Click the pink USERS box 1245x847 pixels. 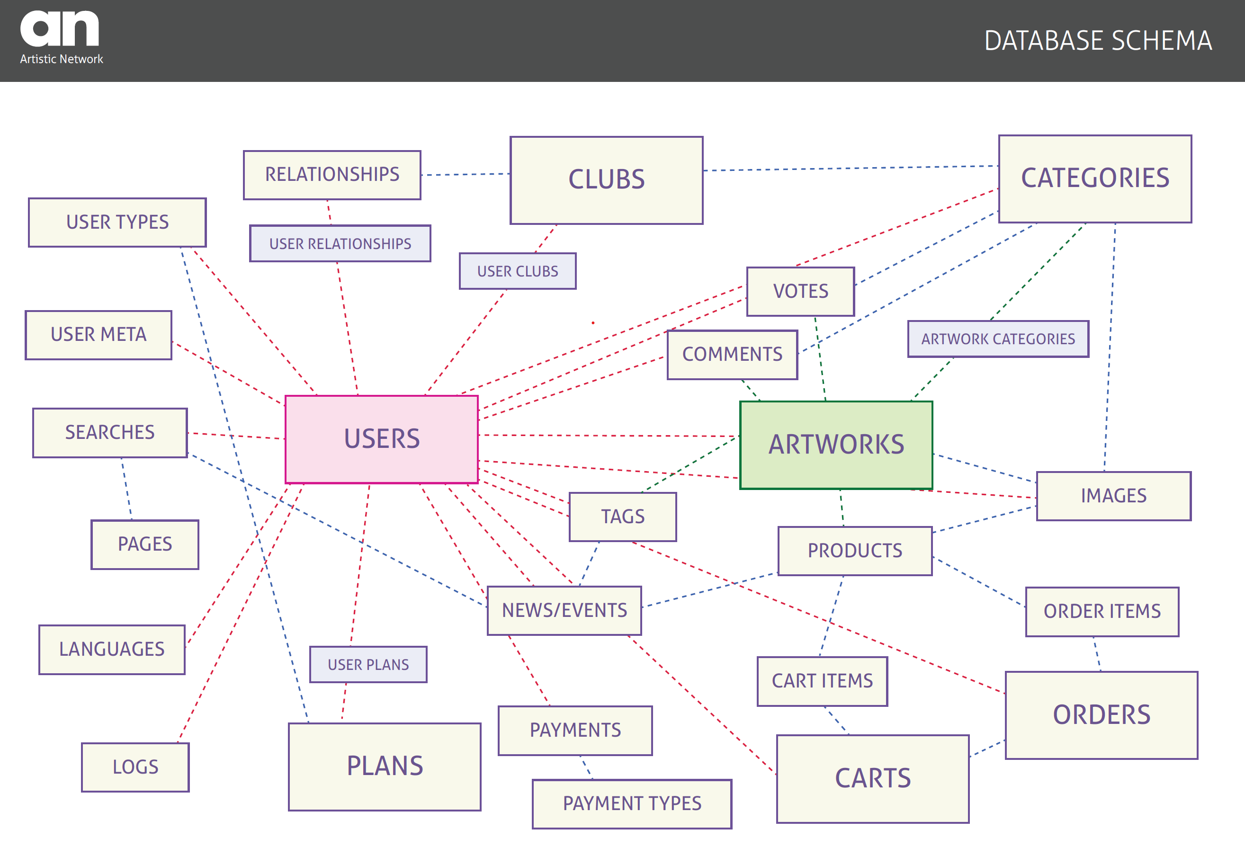[381, 439]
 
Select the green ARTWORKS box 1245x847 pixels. [836, 445]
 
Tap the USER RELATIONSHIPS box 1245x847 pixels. [340, 243]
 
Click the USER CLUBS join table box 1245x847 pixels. [518, 271]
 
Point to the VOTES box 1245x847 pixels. [800, 292]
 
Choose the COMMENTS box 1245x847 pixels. [732, 354]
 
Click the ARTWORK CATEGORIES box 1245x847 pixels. [998, 339]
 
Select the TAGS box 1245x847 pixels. [622, 517]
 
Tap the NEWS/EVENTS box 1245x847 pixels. [564, 610]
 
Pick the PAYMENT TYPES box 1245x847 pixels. [632, 803]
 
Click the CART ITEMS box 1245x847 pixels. [822, 681]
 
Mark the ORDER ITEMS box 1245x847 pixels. [1102, 611]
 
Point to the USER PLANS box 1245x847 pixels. [368, 664]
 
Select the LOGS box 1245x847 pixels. [135, 767]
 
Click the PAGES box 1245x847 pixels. [144, 544]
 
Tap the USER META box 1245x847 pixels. [99, 335]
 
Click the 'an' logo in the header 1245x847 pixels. [60, 29]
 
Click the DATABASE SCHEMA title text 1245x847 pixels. [1098, 41]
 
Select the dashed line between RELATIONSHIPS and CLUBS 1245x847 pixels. [465, 174]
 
